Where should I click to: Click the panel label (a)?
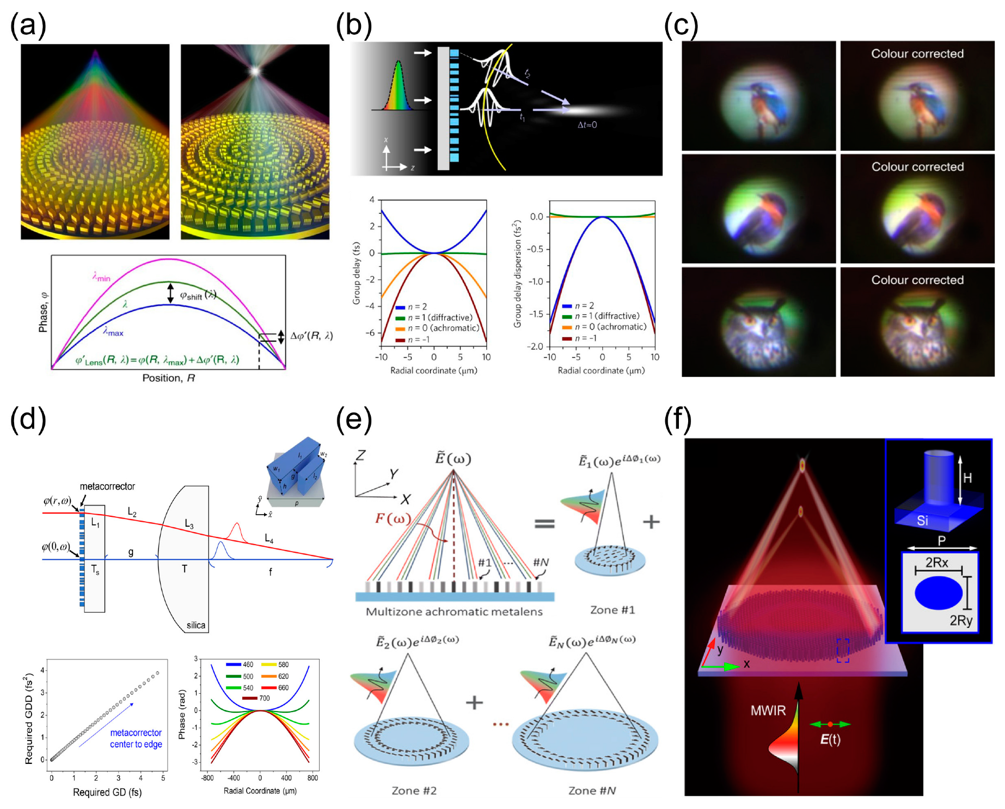tap(28, 26)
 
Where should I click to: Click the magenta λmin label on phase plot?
tap(101, 277)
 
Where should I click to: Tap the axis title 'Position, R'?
tap(168, 378)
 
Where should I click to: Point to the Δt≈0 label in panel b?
tap(587, 125)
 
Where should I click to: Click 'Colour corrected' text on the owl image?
tap(917, 280)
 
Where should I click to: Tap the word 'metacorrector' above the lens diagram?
tap(107, 486)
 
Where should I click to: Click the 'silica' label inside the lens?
tap(195, 625)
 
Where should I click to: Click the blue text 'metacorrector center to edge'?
tap(136, 739)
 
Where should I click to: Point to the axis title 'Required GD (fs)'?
tap(107, 792)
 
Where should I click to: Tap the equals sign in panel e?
tap(544, 523)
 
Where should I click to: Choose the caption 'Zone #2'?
tap(414, 791)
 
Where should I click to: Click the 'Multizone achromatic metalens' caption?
tap(454, 612)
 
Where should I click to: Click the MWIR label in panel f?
tap(768, 711)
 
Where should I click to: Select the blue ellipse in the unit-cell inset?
tap(939, 593)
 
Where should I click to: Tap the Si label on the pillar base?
tap(922, 521)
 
